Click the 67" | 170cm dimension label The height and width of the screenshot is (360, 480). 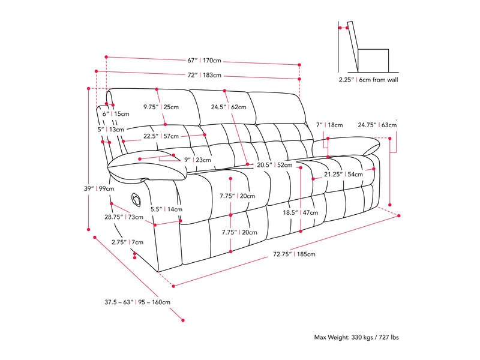coord(205,61)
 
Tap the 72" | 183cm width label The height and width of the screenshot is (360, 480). coord(205,76)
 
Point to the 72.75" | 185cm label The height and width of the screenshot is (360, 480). coord(294,254)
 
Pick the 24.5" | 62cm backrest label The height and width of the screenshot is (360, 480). coord(228,107)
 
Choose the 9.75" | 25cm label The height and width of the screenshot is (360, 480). coord(161,107)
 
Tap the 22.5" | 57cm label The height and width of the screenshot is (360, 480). coord(161,136)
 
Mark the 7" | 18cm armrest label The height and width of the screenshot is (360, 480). coord(329,125)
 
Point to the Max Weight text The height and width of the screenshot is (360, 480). coord(356,338)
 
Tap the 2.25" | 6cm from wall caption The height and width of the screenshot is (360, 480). coord(368,79)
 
